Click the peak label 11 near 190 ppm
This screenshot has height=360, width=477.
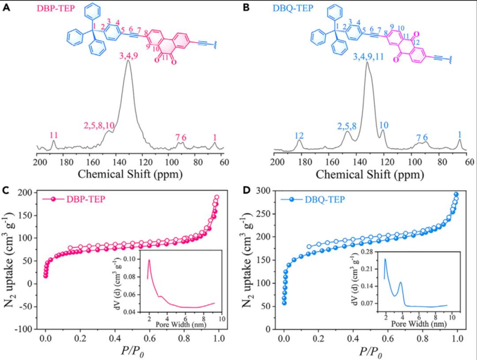click(53, 135)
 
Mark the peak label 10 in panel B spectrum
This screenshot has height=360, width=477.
click(384, 125)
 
